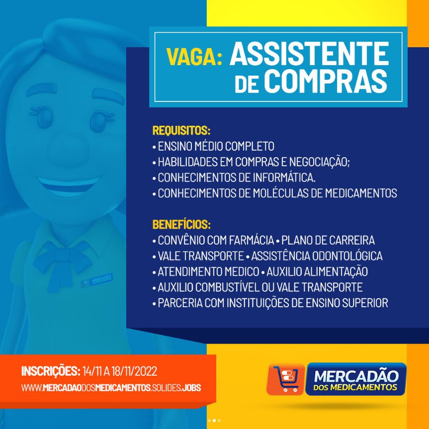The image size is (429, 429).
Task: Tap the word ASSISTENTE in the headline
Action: point(309,53)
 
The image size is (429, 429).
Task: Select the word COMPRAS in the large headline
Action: point(326,81)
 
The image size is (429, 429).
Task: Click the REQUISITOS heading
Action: point(181,130)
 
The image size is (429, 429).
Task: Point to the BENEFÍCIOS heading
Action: point(181,224)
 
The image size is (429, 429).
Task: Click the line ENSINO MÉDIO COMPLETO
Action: point(216,146)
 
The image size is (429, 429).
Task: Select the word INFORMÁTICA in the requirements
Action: point(284,177)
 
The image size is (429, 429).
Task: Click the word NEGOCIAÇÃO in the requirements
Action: point(319,162)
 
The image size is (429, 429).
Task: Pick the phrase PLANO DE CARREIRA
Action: point(328,240)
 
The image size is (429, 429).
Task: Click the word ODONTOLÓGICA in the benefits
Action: point(347,256)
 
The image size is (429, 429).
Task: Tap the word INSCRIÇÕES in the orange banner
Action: point(51,371)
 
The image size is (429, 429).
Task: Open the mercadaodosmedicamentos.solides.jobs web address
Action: point(111,388)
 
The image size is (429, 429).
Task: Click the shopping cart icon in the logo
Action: point(286,379)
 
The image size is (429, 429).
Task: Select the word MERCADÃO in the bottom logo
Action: point(356,376)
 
